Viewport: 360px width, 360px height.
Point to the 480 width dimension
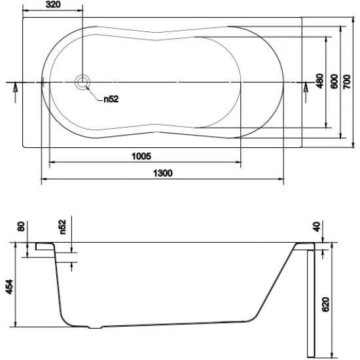(319, 81)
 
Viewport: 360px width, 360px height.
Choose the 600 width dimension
(333, 81)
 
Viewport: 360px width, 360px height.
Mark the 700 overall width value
(348, 81)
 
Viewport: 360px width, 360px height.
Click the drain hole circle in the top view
(82, 82)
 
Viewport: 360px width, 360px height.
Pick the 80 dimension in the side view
(22, 226)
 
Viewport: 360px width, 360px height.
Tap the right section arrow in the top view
(306, 90)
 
